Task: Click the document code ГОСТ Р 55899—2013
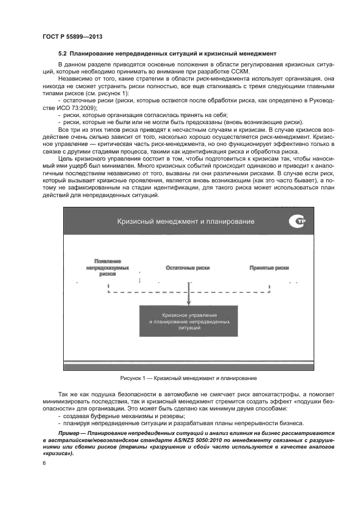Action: [x=72, y=36]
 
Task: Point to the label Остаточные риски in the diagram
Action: [x=188, y=268]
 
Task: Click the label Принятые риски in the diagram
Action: [x=269, y=268]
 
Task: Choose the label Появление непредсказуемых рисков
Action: [x=108, y=268]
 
